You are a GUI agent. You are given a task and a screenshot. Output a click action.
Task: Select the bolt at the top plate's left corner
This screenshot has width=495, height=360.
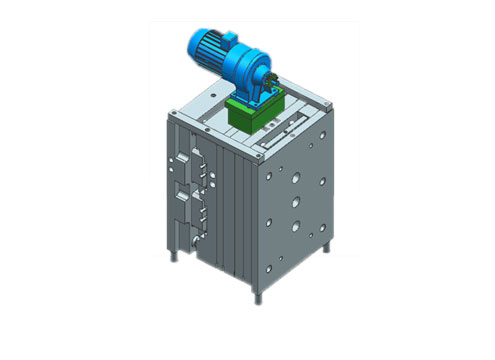click(x=177, y=117)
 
